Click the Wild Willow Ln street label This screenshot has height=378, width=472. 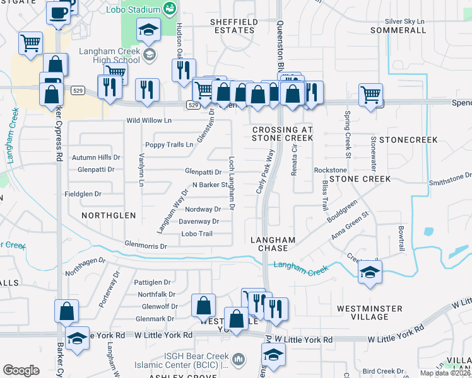(x=149, y=120)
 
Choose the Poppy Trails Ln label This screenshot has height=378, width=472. (x=169, y=145)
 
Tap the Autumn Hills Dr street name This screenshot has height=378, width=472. (x=95, y=157)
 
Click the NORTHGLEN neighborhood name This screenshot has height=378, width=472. (x=109, y=215)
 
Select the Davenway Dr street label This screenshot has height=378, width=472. (x=199, y=222)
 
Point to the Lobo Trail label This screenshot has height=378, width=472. (x=197, y=234)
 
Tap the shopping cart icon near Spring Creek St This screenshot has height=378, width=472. (x=371, y=95)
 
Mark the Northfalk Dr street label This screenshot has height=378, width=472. (x=156, y=294)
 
